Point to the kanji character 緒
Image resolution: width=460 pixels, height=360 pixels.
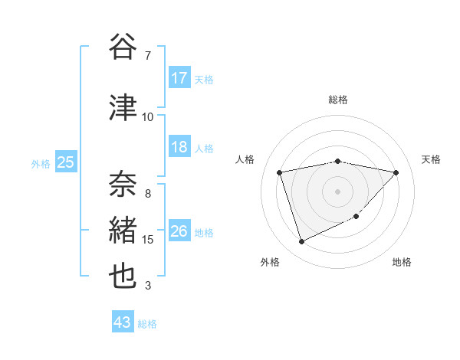pos(123,231)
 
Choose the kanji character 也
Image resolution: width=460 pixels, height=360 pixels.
pos(123,277)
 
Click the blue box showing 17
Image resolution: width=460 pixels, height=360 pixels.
pos(179,78)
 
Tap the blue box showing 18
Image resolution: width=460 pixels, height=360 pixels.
pos(179,148)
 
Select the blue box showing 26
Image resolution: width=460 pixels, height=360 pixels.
pos(179,231)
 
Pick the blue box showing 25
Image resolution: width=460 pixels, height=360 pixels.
pos(65,162)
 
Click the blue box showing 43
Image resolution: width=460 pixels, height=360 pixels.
pos(122,322)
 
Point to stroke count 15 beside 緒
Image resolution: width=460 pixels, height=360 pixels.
pos(148,240)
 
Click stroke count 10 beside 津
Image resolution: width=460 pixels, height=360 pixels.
pos(148,116)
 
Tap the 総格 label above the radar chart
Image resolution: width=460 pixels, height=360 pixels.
pos(337,100)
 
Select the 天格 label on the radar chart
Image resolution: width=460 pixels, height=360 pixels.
pos(432,159)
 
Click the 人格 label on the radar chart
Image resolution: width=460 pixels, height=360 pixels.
pos(245,159)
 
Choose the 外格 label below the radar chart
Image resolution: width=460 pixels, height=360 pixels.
pos(270,262)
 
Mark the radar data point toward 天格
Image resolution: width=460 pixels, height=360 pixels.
pos(396,172)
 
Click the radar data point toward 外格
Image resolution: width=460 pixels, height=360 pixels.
pos(301,242)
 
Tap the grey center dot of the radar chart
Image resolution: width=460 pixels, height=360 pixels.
pos(337,191)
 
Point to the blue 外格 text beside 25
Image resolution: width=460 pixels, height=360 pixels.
pos(41,163)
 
